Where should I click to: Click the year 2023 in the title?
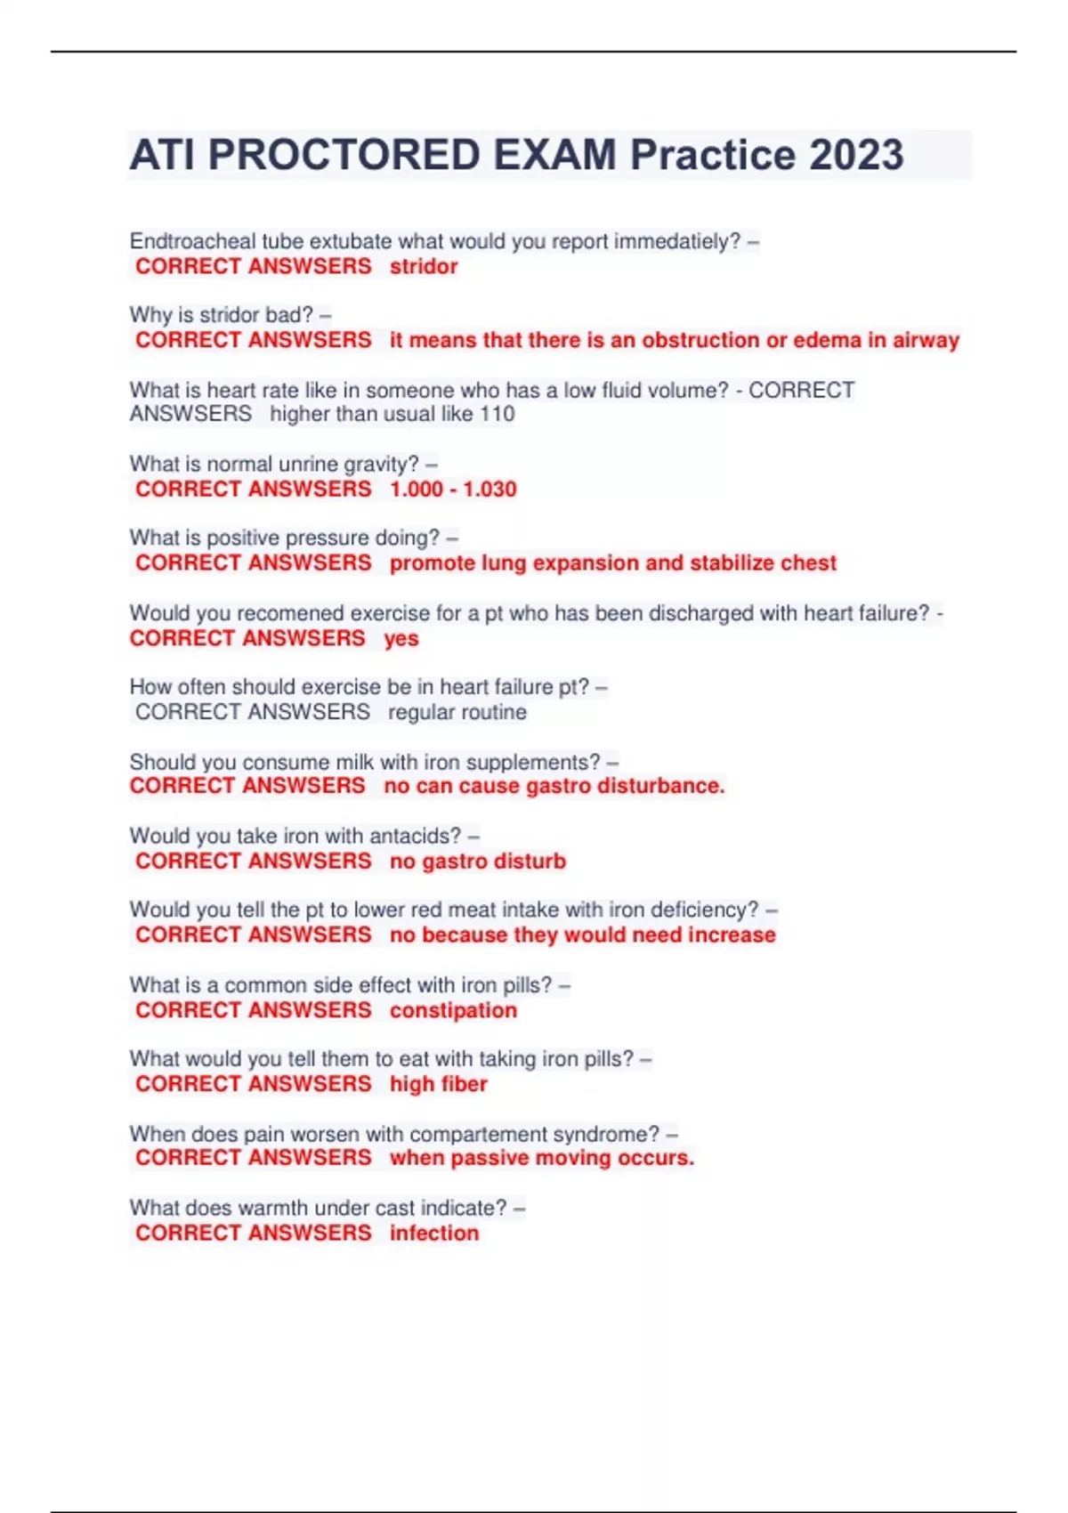(856, 155)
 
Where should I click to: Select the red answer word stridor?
(424, 266)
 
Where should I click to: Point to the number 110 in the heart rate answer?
(497, 414)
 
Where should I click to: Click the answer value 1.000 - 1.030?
(453, 489)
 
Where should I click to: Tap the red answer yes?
(400, 638)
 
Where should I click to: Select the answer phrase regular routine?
(457, 712)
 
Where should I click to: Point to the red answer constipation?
(453, 1010)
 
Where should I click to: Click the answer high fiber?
(439, 1084)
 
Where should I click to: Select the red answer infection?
(434, 1233)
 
